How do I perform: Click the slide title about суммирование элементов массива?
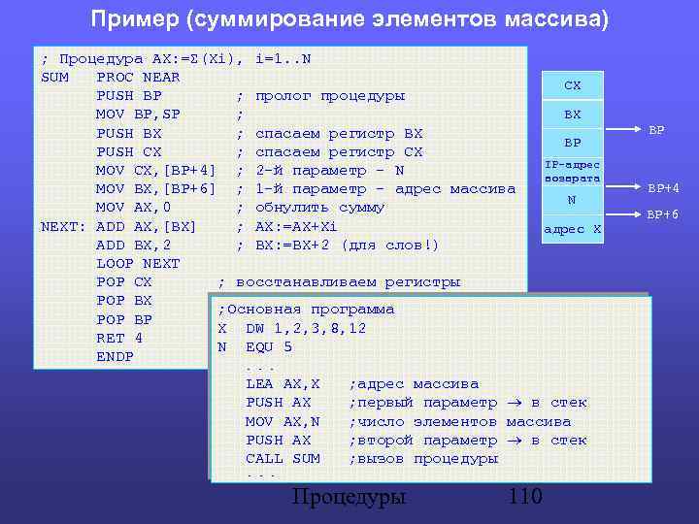click(349, 19)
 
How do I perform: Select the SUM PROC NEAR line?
click(111, 77)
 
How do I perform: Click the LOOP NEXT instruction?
click(138, 263)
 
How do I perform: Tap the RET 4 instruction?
click(119, 338)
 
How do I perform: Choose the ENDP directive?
click(115, 356)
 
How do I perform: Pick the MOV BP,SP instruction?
click(138, 114)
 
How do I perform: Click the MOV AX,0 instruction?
click(133, 207)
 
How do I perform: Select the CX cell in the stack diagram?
click(573, 85)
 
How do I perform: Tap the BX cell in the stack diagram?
click(573, 114)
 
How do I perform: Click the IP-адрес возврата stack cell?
click(573, 172)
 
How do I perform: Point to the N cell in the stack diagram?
click(573, 200)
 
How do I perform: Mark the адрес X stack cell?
click(573, 229)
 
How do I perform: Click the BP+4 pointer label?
click(664, 187)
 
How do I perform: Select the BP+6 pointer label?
click(664, 214)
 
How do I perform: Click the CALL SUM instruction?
click(283, 458)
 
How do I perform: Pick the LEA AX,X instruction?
click(283, 384)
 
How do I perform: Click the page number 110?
click(524, 497)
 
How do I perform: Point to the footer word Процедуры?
click(349, 497)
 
